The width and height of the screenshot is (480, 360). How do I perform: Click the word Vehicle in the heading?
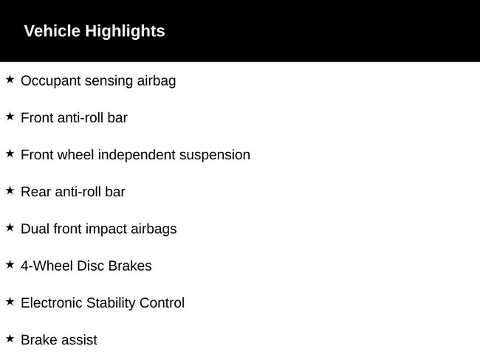[x=52, y=31]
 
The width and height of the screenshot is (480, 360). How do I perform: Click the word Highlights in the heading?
[x=125, y=32]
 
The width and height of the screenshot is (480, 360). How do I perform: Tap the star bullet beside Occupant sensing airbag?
[x=10, y=80]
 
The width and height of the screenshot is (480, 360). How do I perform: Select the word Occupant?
[x=50, y=81]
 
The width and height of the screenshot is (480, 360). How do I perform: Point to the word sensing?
[x=109, y=81]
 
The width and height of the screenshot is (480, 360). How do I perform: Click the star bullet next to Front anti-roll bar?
[x=10, y=117]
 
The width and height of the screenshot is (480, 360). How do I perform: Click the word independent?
[x=137, y=155]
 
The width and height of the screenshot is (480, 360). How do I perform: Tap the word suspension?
[x=215, y=155]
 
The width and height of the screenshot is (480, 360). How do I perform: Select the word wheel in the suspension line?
[x=75, y=154]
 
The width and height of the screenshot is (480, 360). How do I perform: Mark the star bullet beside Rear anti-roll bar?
[x=10, y=190]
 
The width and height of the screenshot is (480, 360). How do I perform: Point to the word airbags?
[x=154, y=229]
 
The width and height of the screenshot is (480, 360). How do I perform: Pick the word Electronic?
[x=52, y=302]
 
